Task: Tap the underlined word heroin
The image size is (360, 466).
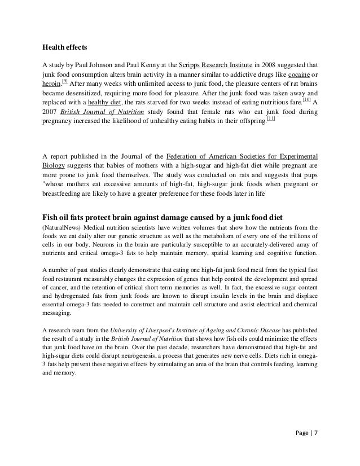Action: (x=54, y=84)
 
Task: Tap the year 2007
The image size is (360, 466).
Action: (x=54, y=115)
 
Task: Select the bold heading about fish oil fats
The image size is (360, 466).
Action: (x=179, y=217)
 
